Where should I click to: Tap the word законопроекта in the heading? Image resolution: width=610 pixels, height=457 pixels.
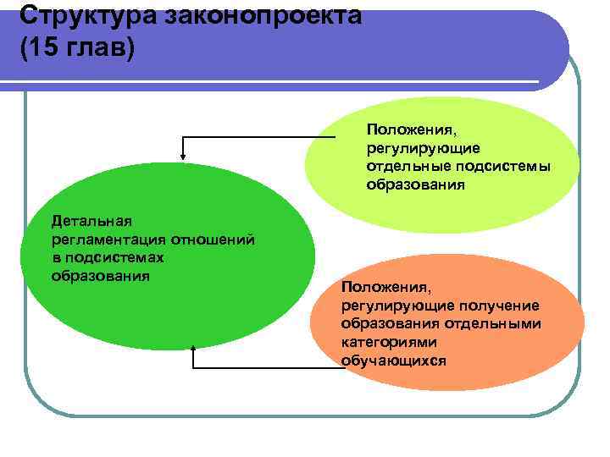tap(255, 14)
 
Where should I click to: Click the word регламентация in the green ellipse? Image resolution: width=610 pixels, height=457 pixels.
tap(108, 240)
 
